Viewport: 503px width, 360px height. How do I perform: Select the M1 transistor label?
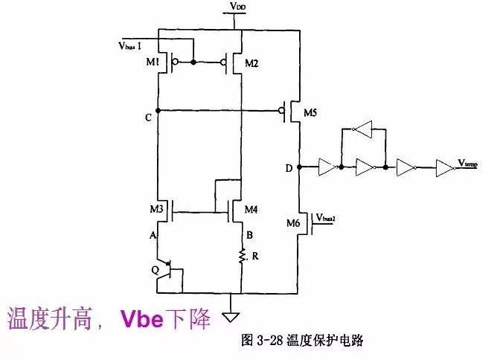tap(153, 63)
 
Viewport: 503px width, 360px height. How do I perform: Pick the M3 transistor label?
tap(156, 210)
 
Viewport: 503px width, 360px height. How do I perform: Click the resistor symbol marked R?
tap(242, 257)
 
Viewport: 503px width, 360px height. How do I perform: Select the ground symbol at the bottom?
tap(234, 303)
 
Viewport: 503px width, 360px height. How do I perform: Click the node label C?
tap(149, 118)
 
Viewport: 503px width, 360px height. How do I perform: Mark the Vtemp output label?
tap(467, 162)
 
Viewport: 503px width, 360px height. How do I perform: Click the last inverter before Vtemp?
tap(443, 167)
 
